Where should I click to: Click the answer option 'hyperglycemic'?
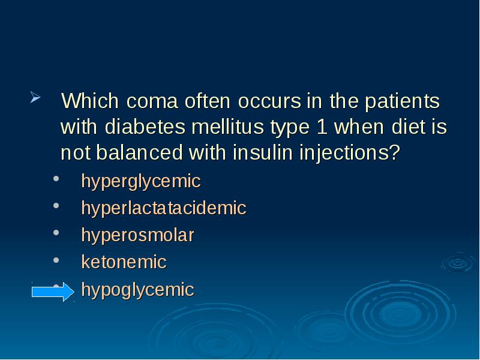click(x=141, y=182)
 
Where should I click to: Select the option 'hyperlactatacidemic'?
click(x=164, y=209)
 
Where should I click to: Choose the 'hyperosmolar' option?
click(x=138, y=235)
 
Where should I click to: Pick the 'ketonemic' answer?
click(x=124, y=262)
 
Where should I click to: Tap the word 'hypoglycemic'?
click(x=138, y=290)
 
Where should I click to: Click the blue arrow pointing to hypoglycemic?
click(x=52, y=292)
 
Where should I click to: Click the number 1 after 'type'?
click(x=320, y=128)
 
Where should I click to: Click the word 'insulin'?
click(x=260, y=154)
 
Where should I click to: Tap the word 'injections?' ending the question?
click(x=347, y=154)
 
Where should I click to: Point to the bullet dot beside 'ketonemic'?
click(x=56, y=261)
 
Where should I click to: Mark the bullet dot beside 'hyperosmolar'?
click(x=56, y=235)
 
